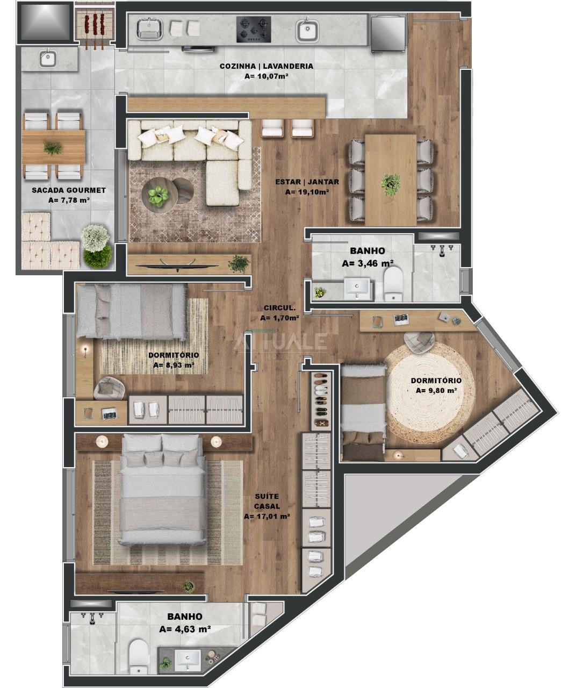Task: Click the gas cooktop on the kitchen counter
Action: coord(254,30)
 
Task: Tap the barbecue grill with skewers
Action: coord(95,27)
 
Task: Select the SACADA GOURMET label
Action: coord(69,190)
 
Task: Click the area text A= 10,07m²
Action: coord(266,76)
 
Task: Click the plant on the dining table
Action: coord(391,185)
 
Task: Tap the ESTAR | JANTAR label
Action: coord(307,182)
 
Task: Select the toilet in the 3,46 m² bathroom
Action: coord(393,283)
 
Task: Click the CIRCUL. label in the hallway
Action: coord(279,307)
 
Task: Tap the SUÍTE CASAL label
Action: coord(267,501)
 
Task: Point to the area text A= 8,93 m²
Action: coord(174,365)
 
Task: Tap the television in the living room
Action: coord(177,266)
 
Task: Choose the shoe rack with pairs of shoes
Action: coord(321,401)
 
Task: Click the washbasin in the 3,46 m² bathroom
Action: coord(357,288)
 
